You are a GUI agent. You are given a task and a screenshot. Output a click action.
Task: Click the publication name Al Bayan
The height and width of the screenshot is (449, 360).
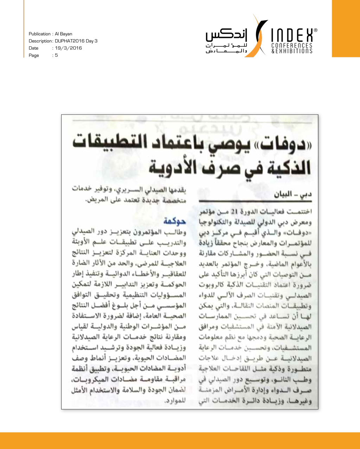click(x=64, y=34)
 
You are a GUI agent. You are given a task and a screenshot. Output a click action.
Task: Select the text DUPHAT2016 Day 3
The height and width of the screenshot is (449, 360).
click(x=76, y=41)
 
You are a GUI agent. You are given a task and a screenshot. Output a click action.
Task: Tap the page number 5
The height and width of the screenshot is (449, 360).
click(x=56, y=55)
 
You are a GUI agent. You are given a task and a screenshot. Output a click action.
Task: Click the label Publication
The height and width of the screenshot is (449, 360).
click(x=40, y=34)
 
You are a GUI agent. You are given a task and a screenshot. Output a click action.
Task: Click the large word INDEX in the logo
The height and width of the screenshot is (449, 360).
click(x=291, y=36)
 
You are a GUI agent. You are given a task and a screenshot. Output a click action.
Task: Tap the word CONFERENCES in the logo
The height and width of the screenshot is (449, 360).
click(x=292, y=46)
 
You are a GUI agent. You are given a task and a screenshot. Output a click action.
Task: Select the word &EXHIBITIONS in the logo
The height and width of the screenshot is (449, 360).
click(x=292, y=51)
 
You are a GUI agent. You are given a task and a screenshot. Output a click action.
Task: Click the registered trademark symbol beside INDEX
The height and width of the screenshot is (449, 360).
click(x=315, y=31)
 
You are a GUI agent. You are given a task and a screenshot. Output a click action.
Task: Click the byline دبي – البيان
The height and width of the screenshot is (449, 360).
click(x=296, y=194)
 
